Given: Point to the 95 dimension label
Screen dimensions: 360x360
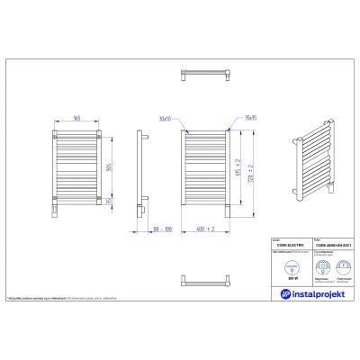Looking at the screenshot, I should pos(108,202).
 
